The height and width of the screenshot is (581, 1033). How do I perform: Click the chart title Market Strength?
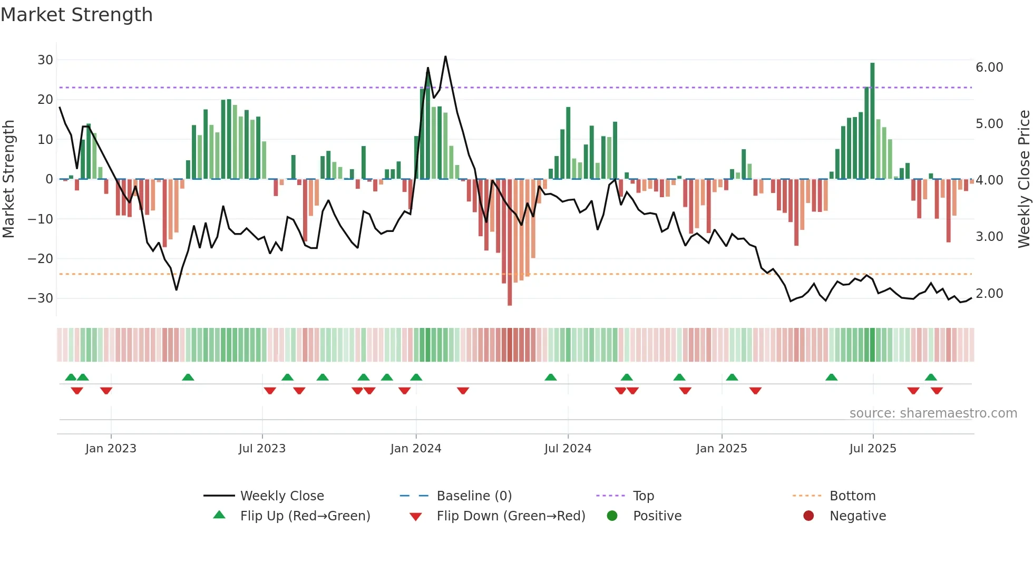point(76,15)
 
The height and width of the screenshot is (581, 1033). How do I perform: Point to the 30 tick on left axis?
point(45,60)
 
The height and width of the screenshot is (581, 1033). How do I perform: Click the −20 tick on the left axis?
point(41,259)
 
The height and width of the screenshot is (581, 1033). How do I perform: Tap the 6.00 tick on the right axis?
point(989,67)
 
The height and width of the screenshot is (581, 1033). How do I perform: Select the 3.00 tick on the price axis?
point(989,237)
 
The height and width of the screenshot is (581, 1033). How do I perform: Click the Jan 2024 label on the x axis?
point(415,449)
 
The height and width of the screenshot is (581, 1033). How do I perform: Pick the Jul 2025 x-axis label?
point(872,449)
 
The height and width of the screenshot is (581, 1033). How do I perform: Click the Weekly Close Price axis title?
point(1024,179)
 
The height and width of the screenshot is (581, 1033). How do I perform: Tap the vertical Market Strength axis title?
point(9,179)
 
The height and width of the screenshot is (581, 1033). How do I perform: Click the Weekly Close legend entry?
point(282,496)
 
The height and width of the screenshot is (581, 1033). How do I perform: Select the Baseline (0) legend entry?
point(474,496)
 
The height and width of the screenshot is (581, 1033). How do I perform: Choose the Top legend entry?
point(643,496)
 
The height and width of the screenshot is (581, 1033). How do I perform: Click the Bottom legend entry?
point(852,496)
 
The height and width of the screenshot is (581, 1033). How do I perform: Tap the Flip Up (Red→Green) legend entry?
point(305,516)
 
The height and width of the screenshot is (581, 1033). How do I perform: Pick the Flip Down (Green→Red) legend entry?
point(511,516)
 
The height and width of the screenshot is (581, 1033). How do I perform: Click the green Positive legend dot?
point(612,516)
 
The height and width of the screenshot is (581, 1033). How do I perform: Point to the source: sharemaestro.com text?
point(933,413)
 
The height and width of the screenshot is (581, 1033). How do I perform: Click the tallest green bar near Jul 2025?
point(872,121)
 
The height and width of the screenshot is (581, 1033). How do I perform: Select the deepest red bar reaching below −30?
point(510,243)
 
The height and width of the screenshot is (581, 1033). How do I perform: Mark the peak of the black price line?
point(445,56)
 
